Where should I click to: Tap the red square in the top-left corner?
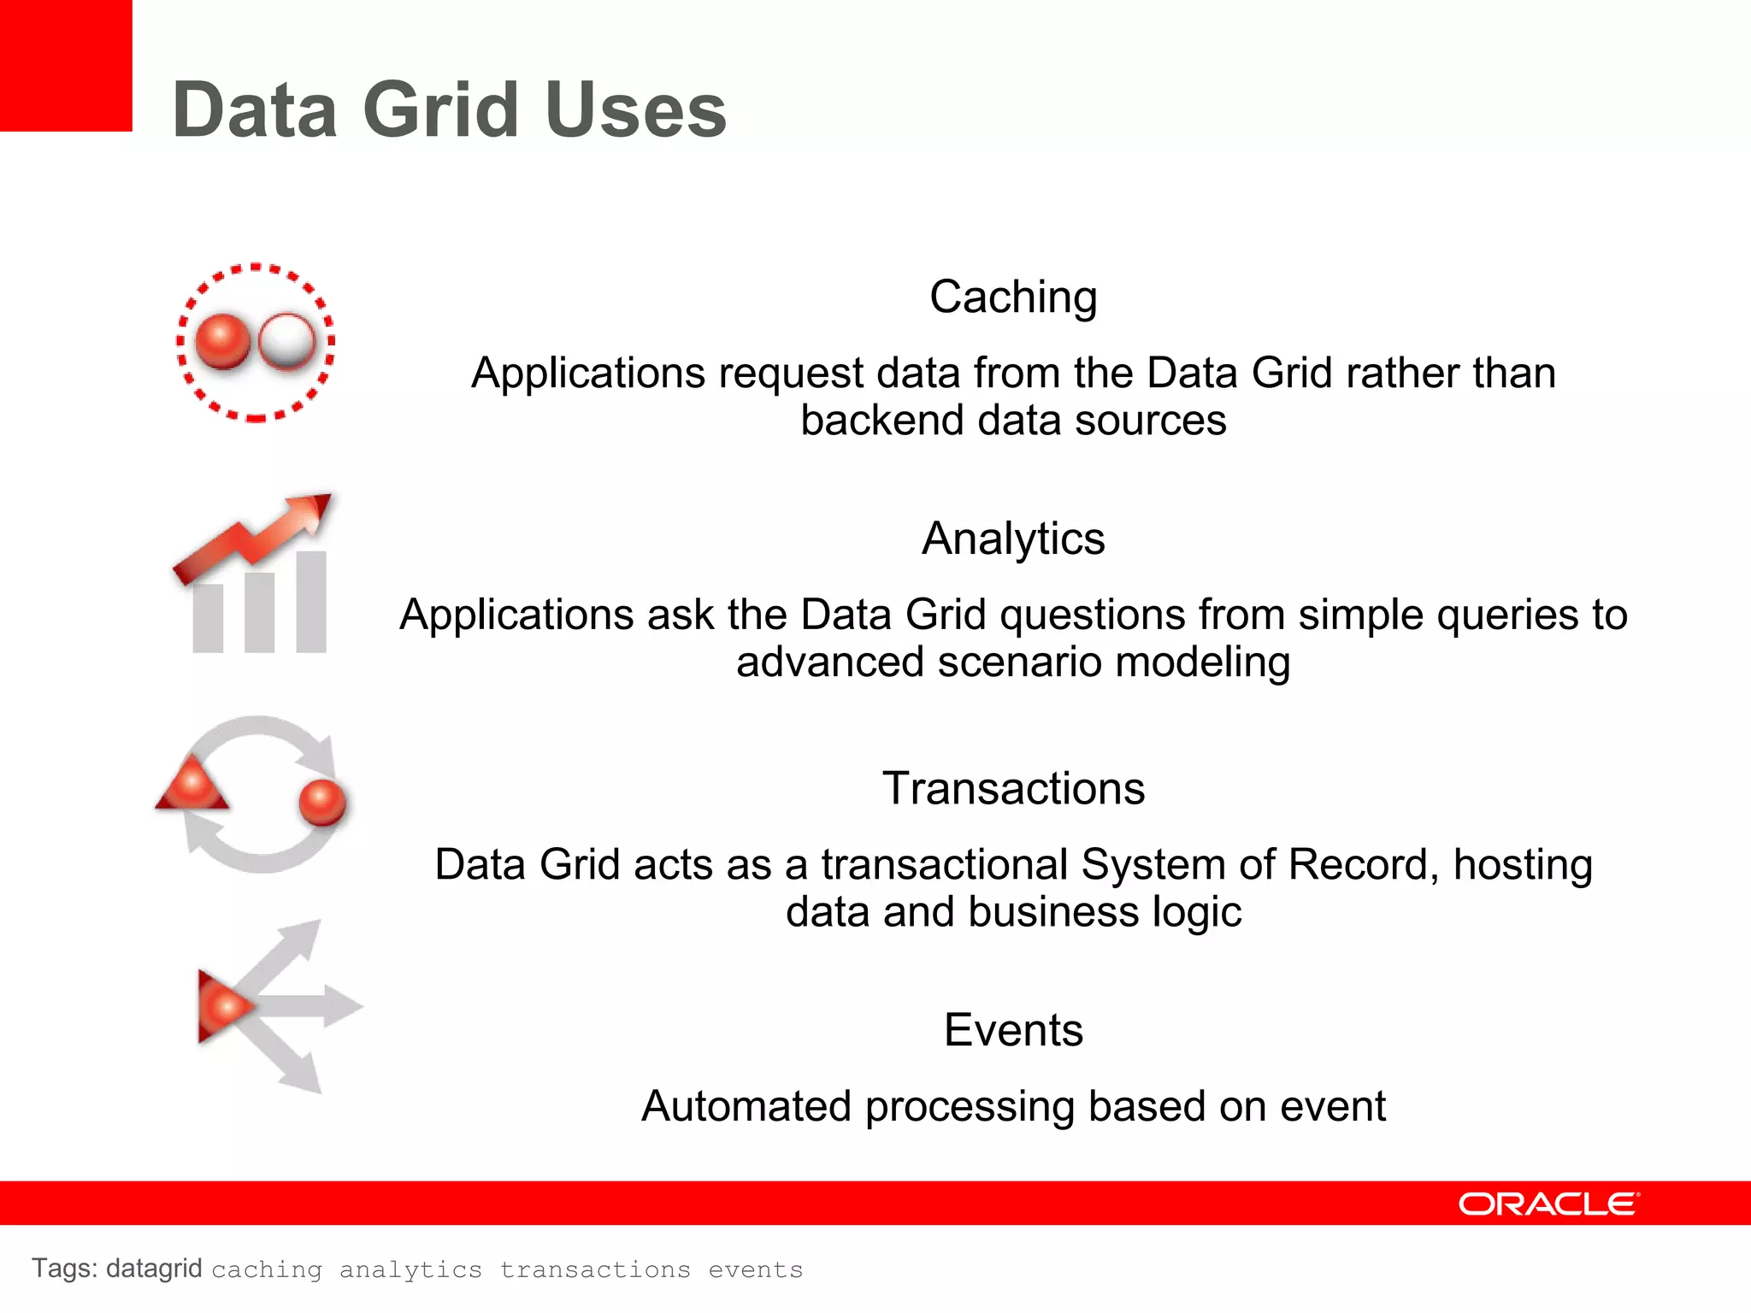(65, 65)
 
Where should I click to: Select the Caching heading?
(1013, 297)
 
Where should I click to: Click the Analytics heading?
(1013, 539)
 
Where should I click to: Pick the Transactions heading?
(1013, 788)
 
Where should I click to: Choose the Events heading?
(1013, 1030)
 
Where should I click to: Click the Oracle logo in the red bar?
(1548, 1204)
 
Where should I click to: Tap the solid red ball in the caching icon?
(223, 341)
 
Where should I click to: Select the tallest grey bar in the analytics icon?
(311, 602)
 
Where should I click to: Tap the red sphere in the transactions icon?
(322, 802)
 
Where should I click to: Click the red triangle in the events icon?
(221, 1006)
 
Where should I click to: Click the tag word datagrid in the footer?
(154, 1269)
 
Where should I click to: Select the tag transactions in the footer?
(595, 1269)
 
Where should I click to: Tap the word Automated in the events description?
(746, 1106)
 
